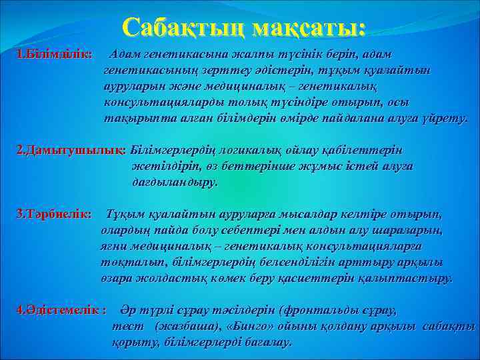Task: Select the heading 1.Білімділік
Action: (55, 53)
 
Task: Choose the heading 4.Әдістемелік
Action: (60, 310)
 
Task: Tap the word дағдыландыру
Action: (175, 181)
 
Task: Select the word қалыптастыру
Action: (411, 277)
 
